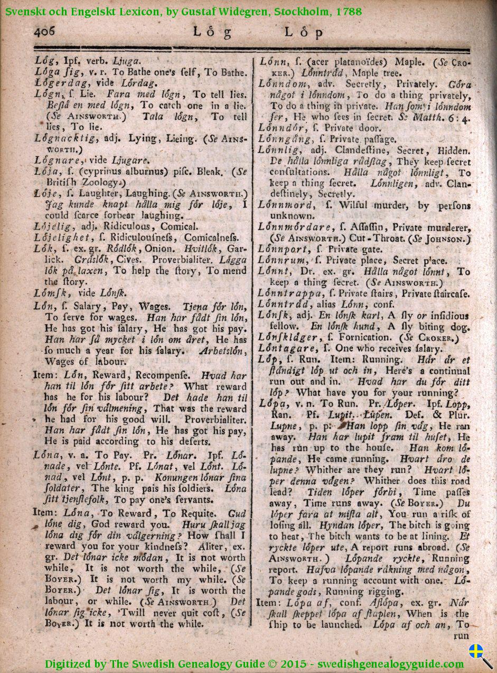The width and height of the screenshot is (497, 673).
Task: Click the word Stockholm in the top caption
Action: point(302,11)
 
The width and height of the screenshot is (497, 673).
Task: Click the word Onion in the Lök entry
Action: point(137,248)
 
